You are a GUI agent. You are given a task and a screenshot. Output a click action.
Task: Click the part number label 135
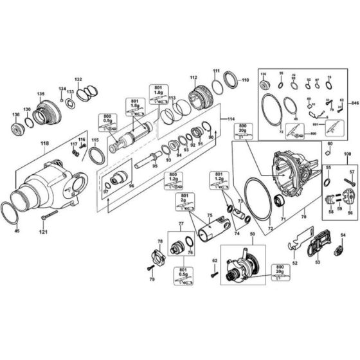click(x=40, y=94)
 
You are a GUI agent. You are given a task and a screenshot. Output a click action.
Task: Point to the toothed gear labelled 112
click(x=196, y=98)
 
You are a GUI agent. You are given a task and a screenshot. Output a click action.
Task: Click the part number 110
click(x=226, y=80)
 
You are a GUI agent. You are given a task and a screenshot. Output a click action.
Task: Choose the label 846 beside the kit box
click(x=352, y=103)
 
